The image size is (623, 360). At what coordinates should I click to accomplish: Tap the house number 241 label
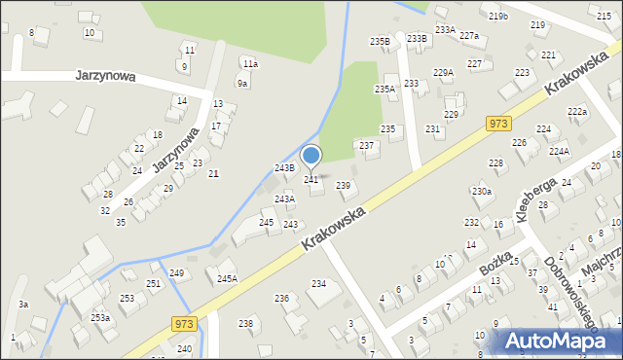click(311, 180)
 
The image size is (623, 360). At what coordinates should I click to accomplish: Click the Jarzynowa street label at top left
click(105, 75)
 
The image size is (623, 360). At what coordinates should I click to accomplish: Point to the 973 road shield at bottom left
click(184, 322)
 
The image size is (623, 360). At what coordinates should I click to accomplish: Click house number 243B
click(284, 168)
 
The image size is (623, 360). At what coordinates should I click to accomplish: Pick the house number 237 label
click(367, 145)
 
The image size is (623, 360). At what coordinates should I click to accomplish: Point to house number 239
click(343, 185)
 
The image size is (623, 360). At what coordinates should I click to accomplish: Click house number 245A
click(227, 278)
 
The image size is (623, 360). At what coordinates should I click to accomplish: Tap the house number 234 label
click(318, 283)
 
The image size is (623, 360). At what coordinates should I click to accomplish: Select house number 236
click(281, 298)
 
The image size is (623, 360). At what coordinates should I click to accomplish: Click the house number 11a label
click(250, 63)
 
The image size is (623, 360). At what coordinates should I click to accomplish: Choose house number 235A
click(385, 90)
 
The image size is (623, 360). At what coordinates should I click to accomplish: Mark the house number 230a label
click(482, 192)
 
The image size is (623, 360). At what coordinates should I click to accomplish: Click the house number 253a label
click(100, 317)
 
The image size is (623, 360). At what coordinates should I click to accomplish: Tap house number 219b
click(498, 16)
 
